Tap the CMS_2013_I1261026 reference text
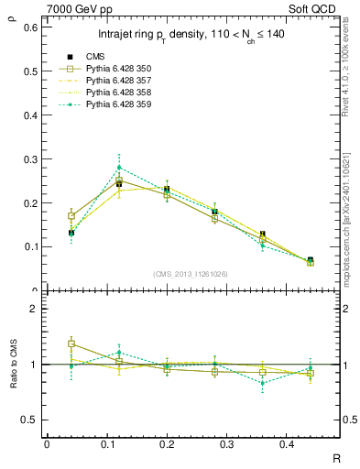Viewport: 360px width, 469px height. point(191,274)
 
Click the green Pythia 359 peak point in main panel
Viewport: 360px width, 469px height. point(119,167)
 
